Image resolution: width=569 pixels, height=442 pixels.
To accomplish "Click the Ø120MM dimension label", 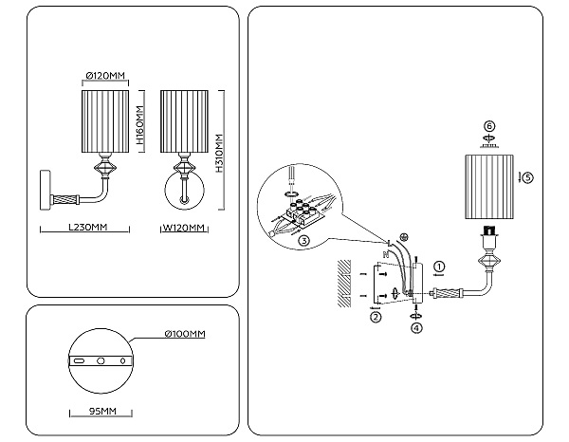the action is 105,76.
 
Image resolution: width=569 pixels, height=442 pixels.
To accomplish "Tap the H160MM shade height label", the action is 140,125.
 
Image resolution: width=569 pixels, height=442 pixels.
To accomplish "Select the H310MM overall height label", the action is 219,153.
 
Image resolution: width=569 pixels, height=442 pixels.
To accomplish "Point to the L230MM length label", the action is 88,228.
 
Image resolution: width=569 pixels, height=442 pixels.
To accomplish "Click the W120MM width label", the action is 184,228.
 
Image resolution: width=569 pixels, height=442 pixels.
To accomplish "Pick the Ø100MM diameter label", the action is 185,334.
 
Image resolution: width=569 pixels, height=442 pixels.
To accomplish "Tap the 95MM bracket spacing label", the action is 102,411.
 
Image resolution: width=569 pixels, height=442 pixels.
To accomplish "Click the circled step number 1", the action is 439,267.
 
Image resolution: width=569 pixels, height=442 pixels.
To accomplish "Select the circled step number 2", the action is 376,317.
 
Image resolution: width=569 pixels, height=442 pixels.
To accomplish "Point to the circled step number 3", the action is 303,240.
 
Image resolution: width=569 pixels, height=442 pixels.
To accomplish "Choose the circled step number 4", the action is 416,327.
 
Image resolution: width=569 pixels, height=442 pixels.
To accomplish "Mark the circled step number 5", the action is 528,177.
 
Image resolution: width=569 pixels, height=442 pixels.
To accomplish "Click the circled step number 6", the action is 489,126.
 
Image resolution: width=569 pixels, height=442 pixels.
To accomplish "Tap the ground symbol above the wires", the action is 404,237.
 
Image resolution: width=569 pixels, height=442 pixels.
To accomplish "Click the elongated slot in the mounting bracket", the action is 79,360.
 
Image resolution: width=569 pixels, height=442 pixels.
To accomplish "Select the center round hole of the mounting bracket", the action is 101,360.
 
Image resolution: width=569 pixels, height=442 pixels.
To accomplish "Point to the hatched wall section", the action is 344,284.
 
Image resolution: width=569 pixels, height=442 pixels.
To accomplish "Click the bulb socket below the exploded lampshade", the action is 489,231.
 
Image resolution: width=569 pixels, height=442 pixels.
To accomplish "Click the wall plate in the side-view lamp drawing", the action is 45,190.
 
